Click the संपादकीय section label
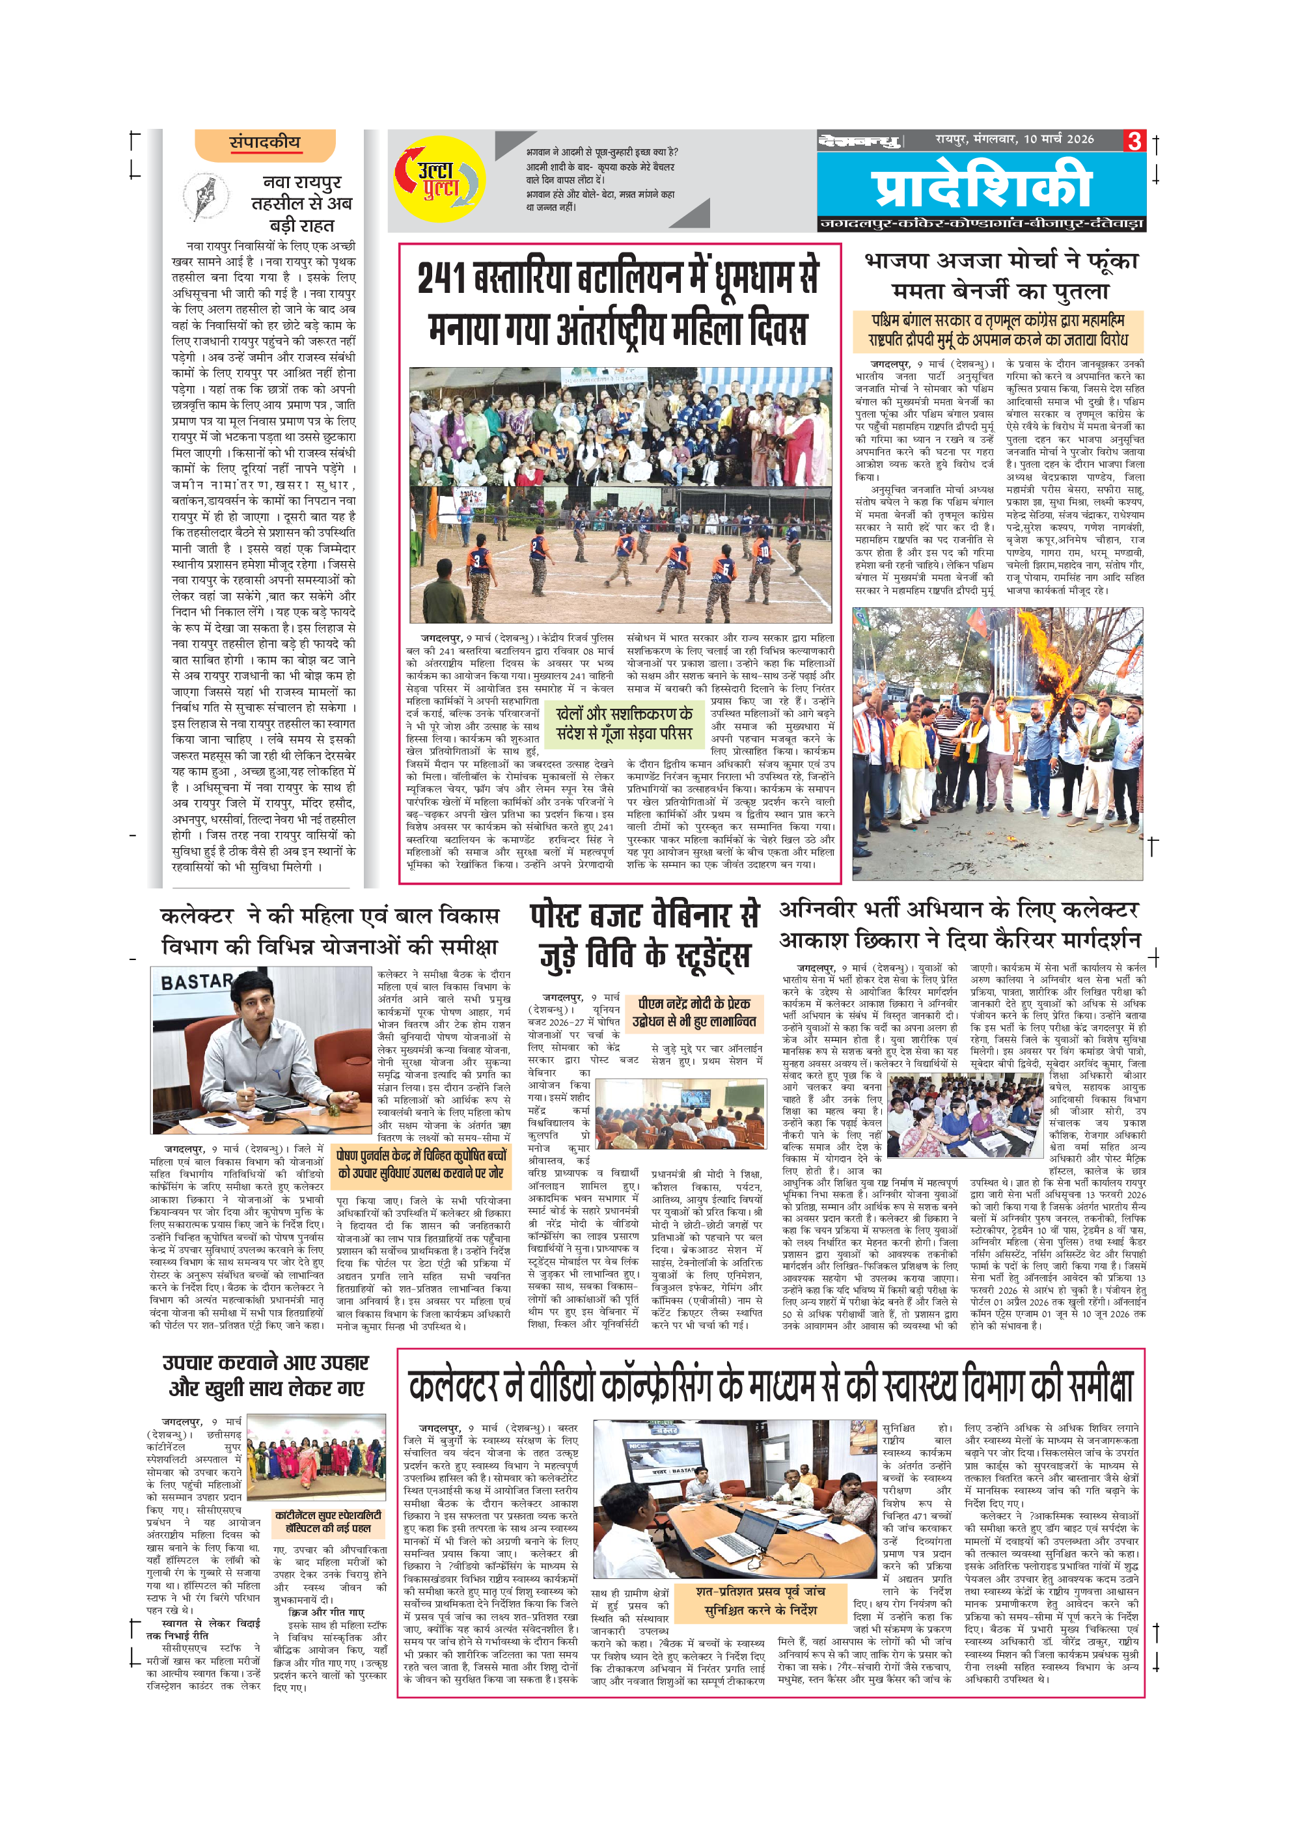click(x=265, y=143)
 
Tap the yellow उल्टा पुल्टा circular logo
click(x=439, y=179)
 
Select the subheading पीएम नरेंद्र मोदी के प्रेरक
click(x=694, y=1004)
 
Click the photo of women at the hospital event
click(x=316, y=1457)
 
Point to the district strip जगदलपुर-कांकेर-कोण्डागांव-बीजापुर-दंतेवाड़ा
click(x=981, y=225)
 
